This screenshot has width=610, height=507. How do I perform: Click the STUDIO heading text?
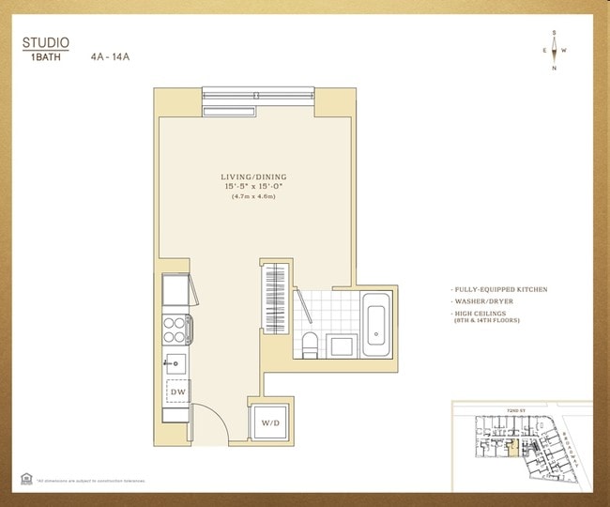pos(45,42)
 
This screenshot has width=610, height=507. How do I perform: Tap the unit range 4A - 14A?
pos(110,56)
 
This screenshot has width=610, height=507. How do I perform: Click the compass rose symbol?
pos(554,50)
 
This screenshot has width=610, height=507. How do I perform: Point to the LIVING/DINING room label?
pos(253,177)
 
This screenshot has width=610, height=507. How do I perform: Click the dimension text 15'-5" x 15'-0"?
pos(253,186)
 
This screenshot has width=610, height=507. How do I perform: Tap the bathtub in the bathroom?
pos(378,322)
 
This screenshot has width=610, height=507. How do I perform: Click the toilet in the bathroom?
pos(309,344)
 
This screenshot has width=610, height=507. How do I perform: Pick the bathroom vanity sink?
pos(341,345)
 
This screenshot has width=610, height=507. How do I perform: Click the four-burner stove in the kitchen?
pos(175,329)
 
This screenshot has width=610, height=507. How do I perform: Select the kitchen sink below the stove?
pos(175,361)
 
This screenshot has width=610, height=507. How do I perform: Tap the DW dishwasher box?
pos(177,391)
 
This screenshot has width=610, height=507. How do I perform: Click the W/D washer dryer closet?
pos(270,422)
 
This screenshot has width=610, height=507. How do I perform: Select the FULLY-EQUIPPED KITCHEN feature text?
pos(499,290)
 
